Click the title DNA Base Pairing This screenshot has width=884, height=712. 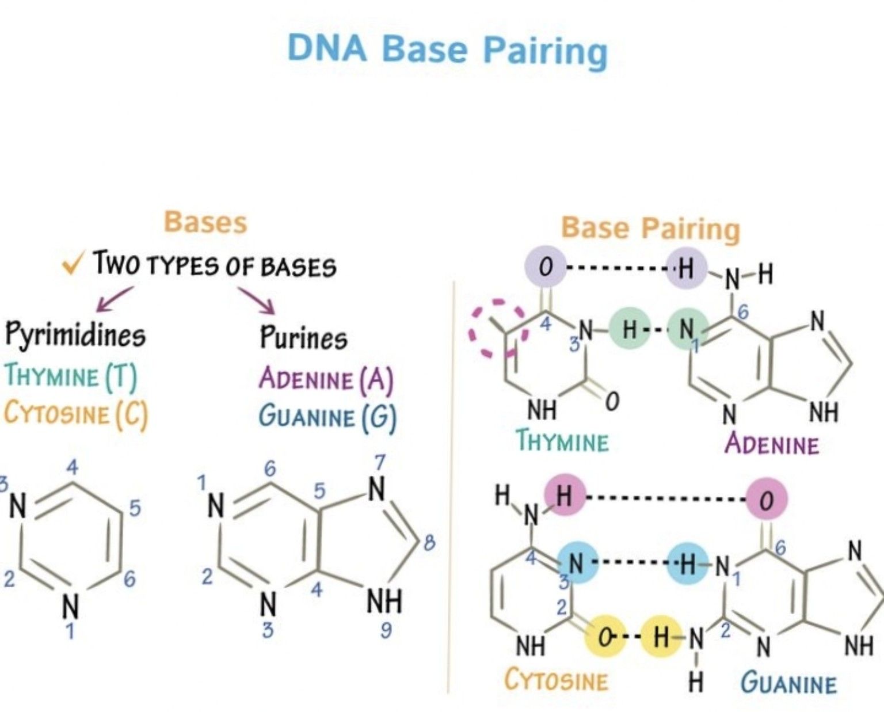pyautogui.click(x=447, y=50)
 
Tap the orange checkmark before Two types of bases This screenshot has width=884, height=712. pyautogui.click(x=74, y=264)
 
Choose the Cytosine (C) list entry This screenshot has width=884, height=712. pyautogui.click(x=75, y=414)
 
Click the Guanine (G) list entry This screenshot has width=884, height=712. pyautogui.click(x=328, y=417)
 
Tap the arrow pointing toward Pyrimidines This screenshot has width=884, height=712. pyautogui.click(x=114, y=299)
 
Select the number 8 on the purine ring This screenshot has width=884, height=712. pyautogui.click(x=429, y=544)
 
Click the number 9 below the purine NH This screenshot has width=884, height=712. pyautogui.click(x=386, y=630)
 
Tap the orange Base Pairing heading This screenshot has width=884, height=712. pyautogui.click(x=651, y=229)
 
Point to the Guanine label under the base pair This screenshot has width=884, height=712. pyautogui.click(x=788, y=683)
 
